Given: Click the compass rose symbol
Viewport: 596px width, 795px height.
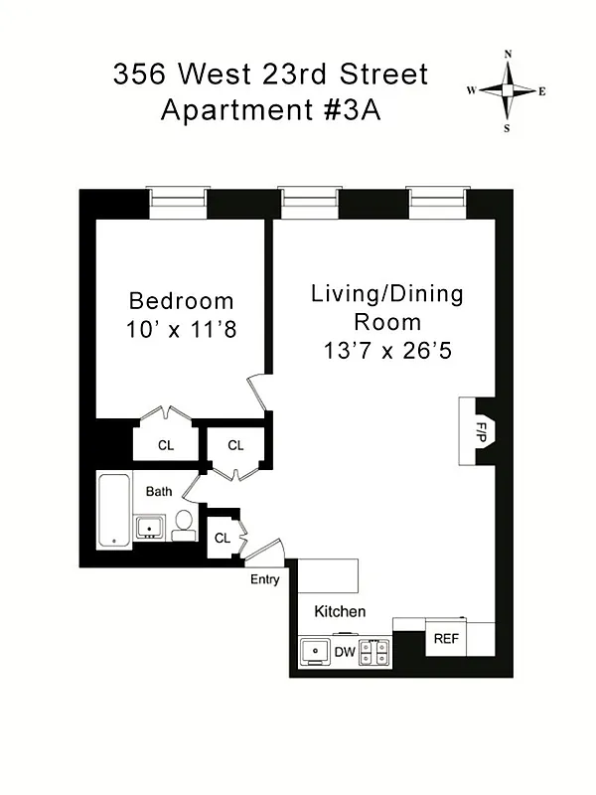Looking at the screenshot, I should click(x=508, y=90).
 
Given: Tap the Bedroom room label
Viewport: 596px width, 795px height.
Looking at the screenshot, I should click(x=182, y=300).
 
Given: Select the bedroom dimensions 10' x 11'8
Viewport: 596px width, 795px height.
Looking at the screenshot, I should click(x=182, y=329).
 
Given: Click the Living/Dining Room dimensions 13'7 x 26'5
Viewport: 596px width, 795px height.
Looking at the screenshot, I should click(x=386, y=351).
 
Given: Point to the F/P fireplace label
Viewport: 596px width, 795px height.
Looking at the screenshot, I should click(x=480, y=431).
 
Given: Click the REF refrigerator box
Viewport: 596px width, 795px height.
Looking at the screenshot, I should click(x=446, y=639).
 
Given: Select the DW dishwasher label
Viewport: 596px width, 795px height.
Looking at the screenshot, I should click(x=344, y=652).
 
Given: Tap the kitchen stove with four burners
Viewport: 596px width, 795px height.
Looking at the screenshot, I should click(x=374, y=652).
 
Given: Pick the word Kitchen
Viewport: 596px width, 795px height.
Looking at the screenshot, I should click(x=340, y=611).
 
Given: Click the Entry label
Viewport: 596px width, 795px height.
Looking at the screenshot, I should click(x=265, y=579).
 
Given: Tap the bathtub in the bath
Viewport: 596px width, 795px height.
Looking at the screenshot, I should click(x=113, y=512).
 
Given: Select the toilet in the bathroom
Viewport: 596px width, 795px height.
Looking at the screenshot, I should click(x=184, y=526).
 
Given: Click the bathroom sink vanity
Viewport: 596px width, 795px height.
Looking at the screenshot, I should click(x=150, y=527).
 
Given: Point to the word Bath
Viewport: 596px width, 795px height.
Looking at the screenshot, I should click(x=159, y=491).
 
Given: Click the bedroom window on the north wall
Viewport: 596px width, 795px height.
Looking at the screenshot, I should click(x=179, y=203).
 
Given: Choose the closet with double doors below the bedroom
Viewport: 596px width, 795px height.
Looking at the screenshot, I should click(x=165, y=445).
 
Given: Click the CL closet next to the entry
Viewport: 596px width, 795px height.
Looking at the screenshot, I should click(x=223, y=538).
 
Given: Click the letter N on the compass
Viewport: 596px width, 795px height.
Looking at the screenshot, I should click(x=508, y=55).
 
